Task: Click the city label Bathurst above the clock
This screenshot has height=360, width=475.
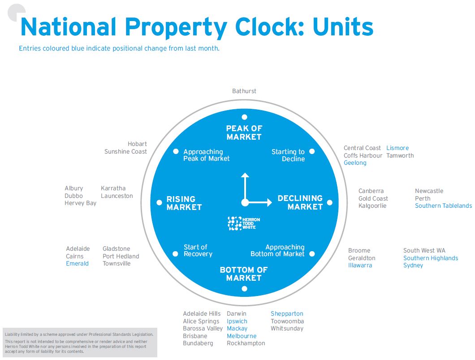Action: pyautogui.click(x=244, y=91)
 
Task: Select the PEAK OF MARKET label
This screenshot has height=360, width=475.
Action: pyautogui.click(x=244, y=133)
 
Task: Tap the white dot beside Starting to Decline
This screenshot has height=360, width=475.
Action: pyautogui.click(x=312, y=151)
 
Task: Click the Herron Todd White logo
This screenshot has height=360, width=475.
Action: pyautogui.click(x=244, y=223)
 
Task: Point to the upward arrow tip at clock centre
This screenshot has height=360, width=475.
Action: pyautogui.click(x=245, y=175)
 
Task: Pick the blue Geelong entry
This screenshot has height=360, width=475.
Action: pyautogui.click(x=355, y=163)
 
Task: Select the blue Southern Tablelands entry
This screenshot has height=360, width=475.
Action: pyautogui.click(x=443, y=206)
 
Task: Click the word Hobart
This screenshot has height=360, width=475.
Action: pyautogui.click(x=137, y=144)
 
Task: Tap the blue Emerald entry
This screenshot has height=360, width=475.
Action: pyautogui.click(x=77, y=264)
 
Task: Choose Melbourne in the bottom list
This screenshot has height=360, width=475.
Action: pyautogui.click(x=242, y=336)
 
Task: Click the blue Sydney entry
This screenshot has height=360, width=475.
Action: pyautogui.click(x=413, y=266)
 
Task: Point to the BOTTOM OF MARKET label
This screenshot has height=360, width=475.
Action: pyautogui.click(x=244, y=274)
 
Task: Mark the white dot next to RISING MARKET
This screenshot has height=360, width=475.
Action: pyautogui.click(x=159, y=203)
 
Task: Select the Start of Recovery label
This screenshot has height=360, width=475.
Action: pyautogui.click(x=198, y=251)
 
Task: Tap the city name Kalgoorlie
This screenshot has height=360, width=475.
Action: pyautogui.click(x=372, y=206)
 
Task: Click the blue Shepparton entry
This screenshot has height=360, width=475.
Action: pyautogui.click(x=287, y=314)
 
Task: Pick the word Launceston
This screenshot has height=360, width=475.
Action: pyautogui.click(x=117, y=196)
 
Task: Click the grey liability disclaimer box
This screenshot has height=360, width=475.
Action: pyautogui.click(x=80, y=343)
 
